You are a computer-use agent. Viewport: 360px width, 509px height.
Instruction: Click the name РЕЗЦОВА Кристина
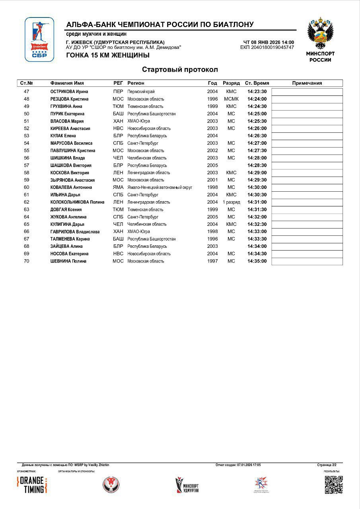(69, 99)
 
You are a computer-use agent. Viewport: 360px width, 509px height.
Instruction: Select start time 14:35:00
(257, 261)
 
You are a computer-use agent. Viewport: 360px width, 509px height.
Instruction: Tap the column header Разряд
(231, 84)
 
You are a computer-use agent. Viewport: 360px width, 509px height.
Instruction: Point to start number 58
(27, 173)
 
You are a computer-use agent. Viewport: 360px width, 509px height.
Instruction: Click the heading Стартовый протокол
(180, 70)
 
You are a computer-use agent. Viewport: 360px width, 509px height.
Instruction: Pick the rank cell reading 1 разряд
(231, 202)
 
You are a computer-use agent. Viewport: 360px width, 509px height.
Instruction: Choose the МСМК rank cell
(231, 99)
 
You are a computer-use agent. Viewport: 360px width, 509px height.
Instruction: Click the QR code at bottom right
(333, 485)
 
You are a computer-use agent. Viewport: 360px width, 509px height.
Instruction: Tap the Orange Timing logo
(32, 485)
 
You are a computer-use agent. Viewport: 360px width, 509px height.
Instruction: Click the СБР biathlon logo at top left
(39, 39)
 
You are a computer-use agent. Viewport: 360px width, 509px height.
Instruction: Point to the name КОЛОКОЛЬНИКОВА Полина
(77, 202)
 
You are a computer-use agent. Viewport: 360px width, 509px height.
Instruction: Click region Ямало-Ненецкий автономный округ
(160, 188)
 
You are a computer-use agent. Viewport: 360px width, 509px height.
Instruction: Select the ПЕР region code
(118, 92)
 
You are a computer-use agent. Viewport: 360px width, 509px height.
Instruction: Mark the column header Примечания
(307, 84)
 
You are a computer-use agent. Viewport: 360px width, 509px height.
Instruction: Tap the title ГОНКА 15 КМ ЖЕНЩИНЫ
(108, 55)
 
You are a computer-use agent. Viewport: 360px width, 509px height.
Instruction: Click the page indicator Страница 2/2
(327, 465)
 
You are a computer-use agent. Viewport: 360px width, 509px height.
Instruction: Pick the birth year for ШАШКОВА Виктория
(212, 165)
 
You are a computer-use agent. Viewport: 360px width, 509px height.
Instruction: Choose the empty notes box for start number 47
(307, 92)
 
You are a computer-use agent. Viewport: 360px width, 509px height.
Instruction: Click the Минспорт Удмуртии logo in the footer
(187, 485)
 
